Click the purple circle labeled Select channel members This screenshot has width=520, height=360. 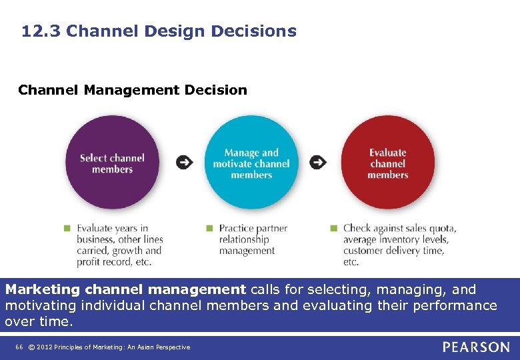click(112, 163)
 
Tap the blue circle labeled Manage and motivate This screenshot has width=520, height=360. click(251, 163)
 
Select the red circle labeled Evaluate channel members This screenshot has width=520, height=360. click(387, 163)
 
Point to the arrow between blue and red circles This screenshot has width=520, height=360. click(319, 162)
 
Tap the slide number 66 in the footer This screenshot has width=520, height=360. click(18, 347)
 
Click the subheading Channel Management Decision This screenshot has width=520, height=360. click(133, 90)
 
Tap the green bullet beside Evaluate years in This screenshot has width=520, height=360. click(67, 228)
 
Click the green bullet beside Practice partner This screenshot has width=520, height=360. click(209, 228)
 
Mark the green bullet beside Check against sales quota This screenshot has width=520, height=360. click(333, 228)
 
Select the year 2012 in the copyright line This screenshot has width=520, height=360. click(45, 347)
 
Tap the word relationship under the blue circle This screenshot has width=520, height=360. click(244, 239)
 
